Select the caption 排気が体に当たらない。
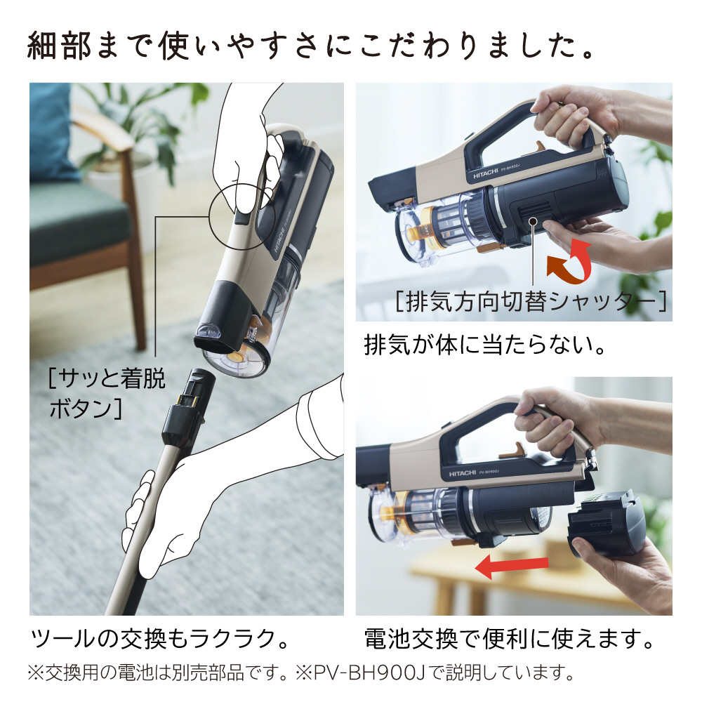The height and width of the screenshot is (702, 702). tap(484, 345)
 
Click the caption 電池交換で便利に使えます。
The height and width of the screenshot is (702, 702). tap(509, 639)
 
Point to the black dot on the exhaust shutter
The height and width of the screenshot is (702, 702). tap(535, 223)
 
